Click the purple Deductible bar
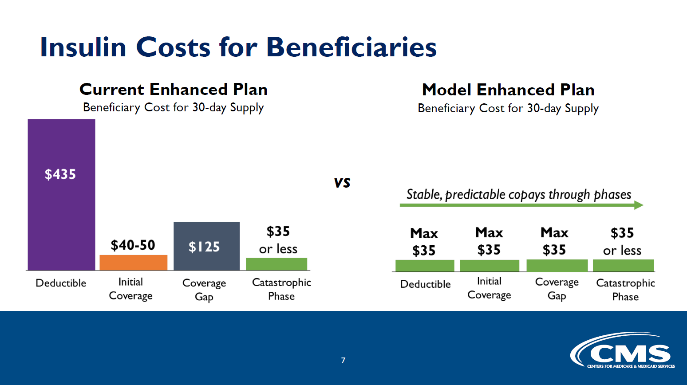[x=61, y=195]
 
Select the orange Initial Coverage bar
[x=134, y=263]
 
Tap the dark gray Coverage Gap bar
[x=206, y=246]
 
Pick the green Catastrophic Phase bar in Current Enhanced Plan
[x=276, y=264]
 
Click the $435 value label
[x=60, y=174]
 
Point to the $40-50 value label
[x=133, y=245]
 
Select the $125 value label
[x=204, y=247]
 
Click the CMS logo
[x=623, y=350]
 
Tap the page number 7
[x=343, y=360]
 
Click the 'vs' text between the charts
[x=342, y=183]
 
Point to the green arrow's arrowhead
[x=639, y=205]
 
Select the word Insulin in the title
[x=83, y=47]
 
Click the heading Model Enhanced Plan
[x=508, y=90]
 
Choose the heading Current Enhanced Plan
[x=173, y=89]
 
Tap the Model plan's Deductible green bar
[x=425, y=266]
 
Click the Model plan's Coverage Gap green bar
[x=557, y=265]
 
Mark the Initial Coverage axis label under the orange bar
[x=130, y=289]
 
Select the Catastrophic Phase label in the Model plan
[x=625, y=290]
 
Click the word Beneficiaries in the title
[x=351, y=47]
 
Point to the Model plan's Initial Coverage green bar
[x=490, y=266]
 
